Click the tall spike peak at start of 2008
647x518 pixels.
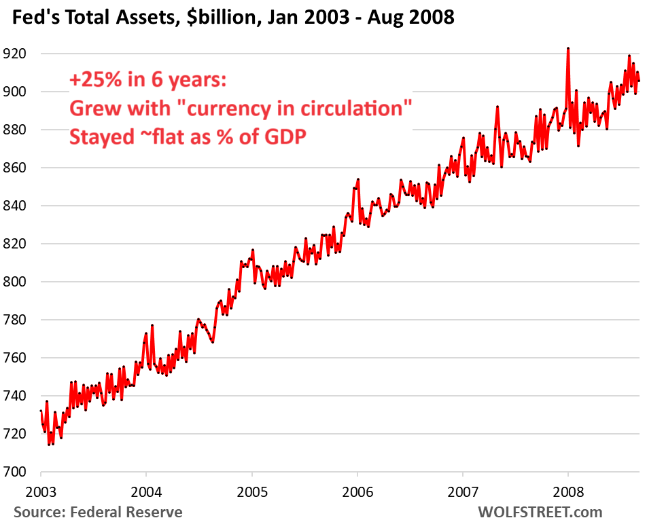point(567,49)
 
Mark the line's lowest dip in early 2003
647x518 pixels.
point(49,445)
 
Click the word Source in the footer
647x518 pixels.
point(37,511)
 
